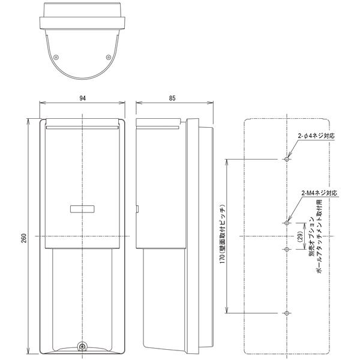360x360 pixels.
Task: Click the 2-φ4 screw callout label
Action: pyautogui.click(x=317, y=136)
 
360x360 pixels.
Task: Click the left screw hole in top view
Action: pyautogui.click(x=56, y=58)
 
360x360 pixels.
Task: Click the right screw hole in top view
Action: pyautogui.click(x=108, y=58)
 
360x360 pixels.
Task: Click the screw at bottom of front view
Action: pyautogui.click(x=82, y=346)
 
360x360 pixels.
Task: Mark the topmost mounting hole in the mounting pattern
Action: pyautogui.click(x=287, y=160)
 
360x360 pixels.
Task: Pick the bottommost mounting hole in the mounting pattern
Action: pyautogui.click(x=287, y=314)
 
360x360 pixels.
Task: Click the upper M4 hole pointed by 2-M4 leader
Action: pyautogui.click(x=287, y=223)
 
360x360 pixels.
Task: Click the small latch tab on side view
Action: pyautogui.click(x=138, y=210)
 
